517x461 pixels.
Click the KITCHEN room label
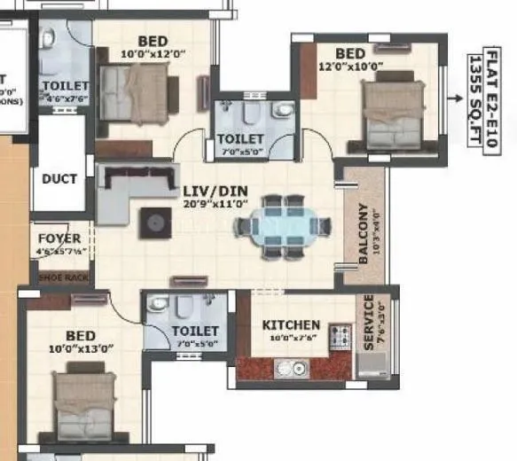pos(291,325)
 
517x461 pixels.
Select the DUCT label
pos(59,178)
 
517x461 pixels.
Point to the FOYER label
pos(59,238)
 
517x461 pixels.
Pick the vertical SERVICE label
pos(369,322)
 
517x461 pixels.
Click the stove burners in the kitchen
pos(341,337)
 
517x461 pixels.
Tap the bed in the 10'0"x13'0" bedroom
pos(85,403)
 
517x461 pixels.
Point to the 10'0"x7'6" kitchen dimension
pos(291,338)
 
